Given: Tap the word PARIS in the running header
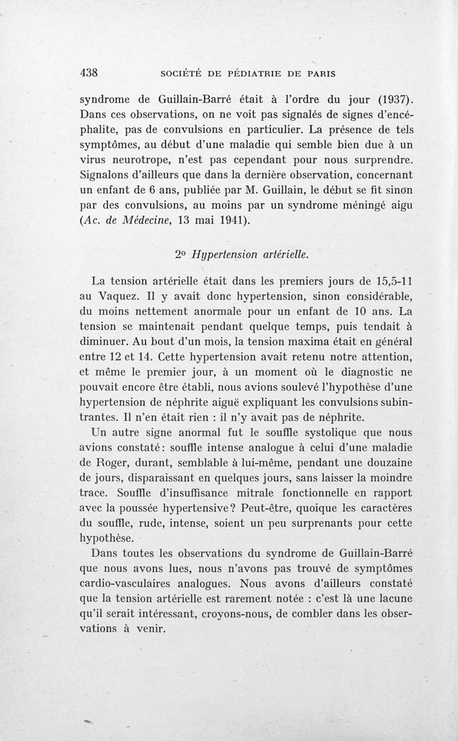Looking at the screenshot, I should point(319,74).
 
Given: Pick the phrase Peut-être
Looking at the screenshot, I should point(269,508).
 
